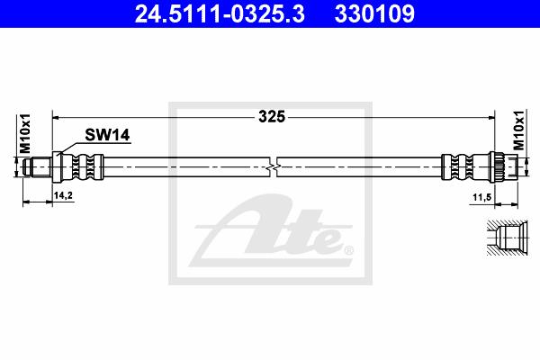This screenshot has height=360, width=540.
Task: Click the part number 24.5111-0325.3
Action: click(x=220, y=14)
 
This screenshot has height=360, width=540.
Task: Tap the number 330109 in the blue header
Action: click(x=374, y=14)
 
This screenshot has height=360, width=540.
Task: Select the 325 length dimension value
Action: click(x=272, y=117)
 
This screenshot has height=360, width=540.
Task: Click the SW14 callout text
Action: click(x=107, y=135)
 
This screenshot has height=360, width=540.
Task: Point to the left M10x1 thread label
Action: click(x=25, y=133)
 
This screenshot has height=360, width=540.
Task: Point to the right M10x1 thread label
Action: click(x=519, y=130)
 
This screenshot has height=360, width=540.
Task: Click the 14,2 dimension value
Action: click(x=63, y=195)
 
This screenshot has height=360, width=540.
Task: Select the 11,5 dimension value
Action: click(x=481, y=198)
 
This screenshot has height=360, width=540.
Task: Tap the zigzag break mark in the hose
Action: click(x=273, y=167)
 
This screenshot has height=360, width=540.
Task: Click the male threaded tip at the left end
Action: click(x=37, y=167)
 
